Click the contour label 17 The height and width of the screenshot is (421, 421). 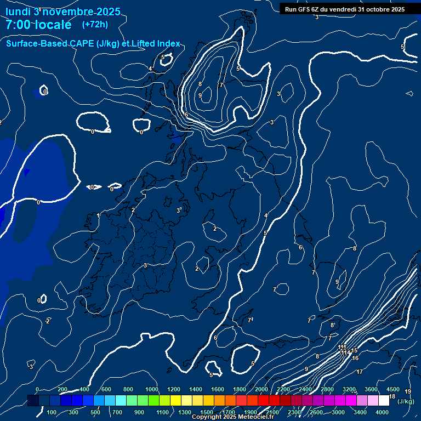pyautogui.click(x=360, y=372)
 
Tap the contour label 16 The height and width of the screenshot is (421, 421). pyautogui.click(x=355, y=359)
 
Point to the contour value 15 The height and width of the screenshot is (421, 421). pyautogui.click(x=354, y=351)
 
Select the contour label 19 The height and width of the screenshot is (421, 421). pyautogui.click(x=408, y=392)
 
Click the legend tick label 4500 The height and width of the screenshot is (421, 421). pyautogui.click(x=393, y=389)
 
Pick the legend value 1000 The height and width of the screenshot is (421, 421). pyautogui.click(x=152, y=389)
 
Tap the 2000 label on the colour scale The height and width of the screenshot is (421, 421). pyautogui.click(x=261, y=389)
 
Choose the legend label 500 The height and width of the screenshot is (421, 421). pyautogui.click(x=95, y=412)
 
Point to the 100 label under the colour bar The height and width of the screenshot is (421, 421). pyautogui.click(x=52, y=412)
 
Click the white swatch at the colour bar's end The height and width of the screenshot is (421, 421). pyautogui.click(x=384, y=401)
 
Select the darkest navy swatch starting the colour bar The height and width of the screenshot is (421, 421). pyautogui.click(x=33, y=401)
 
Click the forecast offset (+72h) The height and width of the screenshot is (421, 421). pyautogui.click(x=95, y=25)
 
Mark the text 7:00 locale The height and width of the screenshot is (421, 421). pyautogui.click(x=38, y=25)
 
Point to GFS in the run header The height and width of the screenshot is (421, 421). pyautogui.click(x=304, y=9)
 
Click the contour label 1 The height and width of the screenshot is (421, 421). pyautogui.click(x=99, y=216)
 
